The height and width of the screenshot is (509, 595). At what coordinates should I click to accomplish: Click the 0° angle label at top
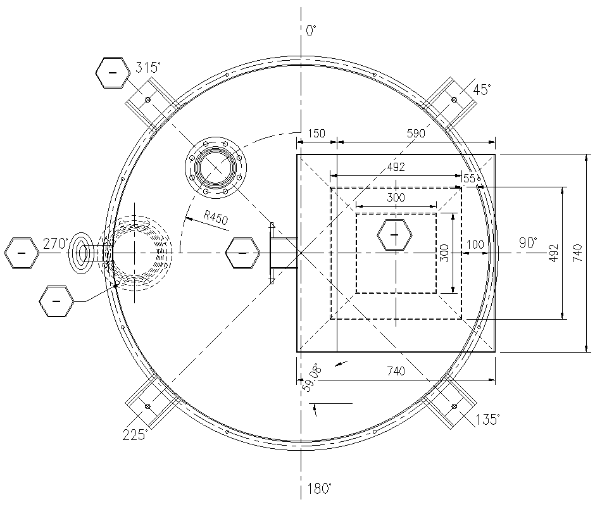(x=311, y=30)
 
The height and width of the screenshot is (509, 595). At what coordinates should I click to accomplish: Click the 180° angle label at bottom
(x=319, y=488)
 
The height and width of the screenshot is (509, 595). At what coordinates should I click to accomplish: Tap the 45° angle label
(x=481, y=90)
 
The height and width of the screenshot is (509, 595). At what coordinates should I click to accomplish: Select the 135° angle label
(x=488, y=418)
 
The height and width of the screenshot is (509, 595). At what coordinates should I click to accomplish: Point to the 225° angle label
(x=135, y=434)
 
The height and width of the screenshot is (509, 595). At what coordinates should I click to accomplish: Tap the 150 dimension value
(x=316, y=134)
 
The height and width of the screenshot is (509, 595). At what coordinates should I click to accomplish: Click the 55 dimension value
(x=469, y=179)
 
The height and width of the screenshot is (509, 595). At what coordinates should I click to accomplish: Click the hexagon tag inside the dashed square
(x=395, y=236)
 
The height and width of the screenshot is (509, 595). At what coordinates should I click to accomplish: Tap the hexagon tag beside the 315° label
(x=113, y=73)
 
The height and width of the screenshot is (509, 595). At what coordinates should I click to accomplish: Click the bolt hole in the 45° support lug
(x=454, y=100)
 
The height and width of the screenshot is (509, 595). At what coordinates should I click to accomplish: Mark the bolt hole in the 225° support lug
(x=147, y=406)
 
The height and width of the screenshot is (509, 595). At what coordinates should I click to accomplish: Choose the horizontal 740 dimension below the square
(x=396, y=371)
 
